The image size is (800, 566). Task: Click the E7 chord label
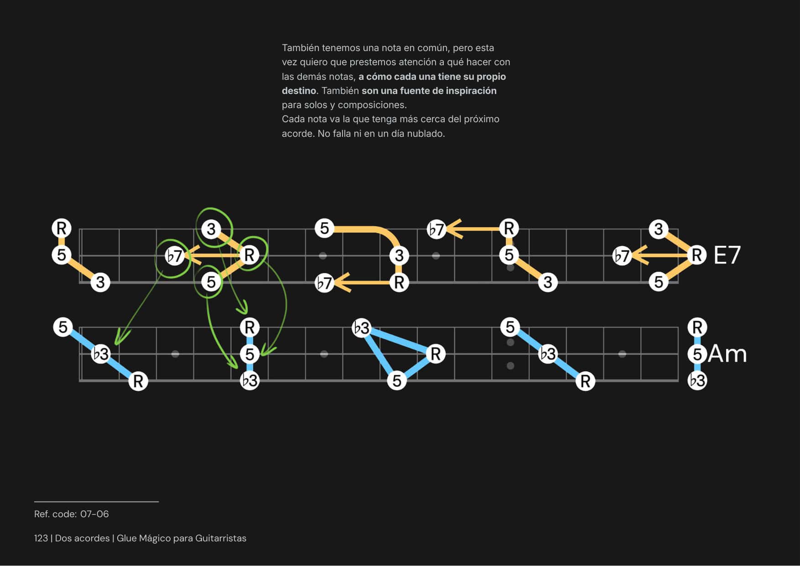727,255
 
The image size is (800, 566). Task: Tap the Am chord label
727,354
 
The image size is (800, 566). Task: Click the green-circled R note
249,255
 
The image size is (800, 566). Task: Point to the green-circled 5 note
211,282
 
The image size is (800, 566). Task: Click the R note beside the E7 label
696,255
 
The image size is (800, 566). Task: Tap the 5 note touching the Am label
697,354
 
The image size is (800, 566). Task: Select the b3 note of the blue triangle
362,328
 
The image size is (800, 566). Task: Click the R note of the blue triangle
436,353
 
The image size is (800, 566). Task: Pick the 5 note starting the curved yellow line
324,228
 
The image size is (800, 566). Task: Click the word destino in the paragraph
299,91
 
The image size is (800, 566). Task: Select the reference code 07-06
94,514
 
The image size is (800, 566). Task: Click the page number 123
41,538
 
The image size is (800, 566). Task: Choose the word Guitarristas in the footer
221,538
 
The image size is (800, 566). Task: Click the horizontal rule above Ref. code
96,502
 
